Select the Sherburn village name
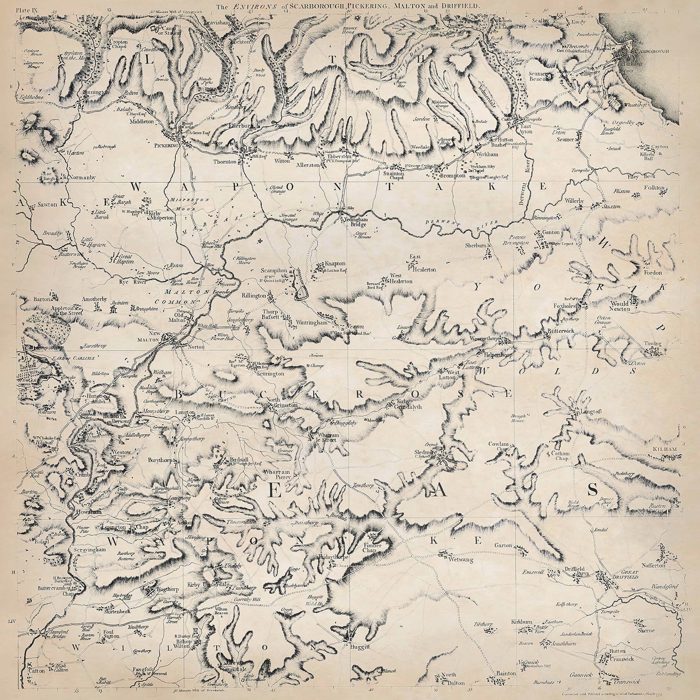[x=475, y=246]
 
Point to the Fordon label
[x=652, y=272]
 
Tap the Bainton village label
[x=505, y=673]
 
